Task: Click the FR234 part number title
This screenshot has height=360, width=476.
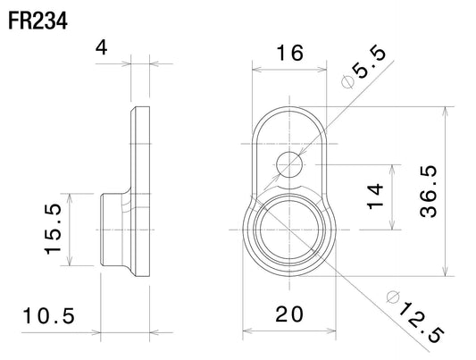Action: coord(38,21)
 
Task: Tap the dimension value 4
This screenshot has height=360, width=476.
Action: coord(102,48)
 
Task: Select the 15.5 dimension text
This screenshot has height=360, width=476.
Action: coord(53,230)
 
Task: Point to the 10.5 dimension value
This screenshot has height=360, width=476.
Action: coord(48,315)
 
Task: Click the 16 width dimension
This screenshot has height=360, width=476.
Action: coord(289,53)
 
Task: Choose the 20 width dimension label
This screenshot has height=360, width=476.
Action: coord(289,314)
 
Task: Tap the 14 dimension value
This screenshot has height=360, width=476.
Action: coord(375,197)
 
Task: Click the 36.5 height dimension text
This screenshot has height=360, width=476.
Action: coord(429,191)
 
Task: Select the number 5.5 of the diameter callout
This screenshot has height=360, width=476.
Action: coord(370,63)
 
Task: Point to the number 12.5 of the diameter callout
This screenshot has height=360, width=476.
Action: coord(422,322)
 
